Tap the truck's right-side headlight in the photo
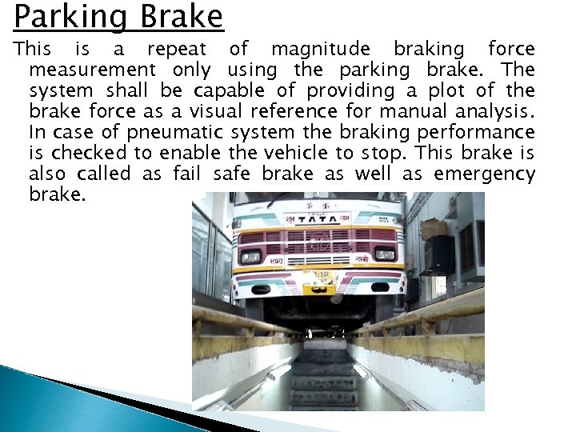pos(385,254)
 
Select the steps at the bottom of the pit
pos(324,384)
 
